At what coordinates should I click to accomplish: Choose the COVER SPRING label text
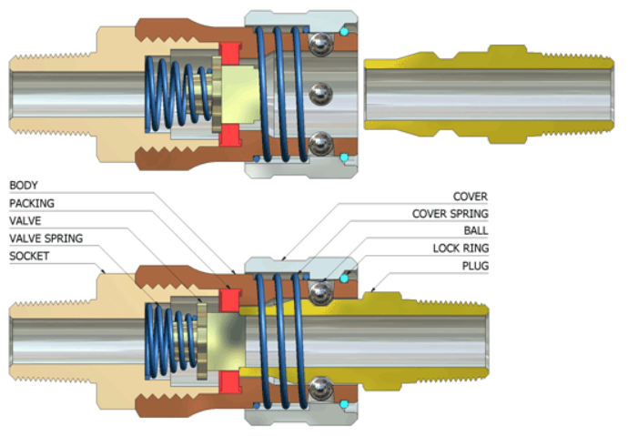tap(454, 214)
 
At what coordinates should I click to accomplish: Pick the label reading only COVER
tap(471, 197)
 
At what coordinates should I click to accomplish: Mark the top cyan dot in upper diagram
tap(344, 32)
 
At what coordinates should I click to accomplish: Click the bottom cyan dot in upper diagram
tap(344, 158)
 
